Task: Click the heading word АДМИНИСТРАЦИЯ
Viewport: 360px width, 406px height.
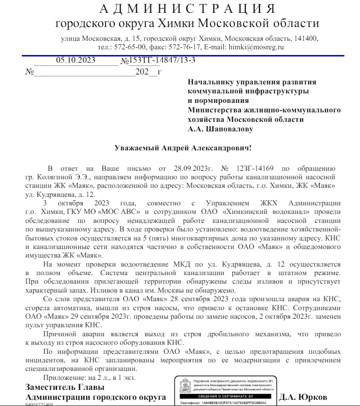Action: (187, 9)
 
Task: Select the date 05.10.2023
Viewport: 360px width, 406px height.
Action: (76, 60)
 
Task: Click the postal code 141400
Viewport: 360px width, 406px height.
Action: (307, 38)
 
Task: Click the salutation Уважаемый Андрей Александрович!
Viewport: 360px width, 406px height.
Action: (183, 148)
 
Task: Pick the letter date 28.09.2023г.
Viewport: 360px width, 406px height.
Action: (190, 168)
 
